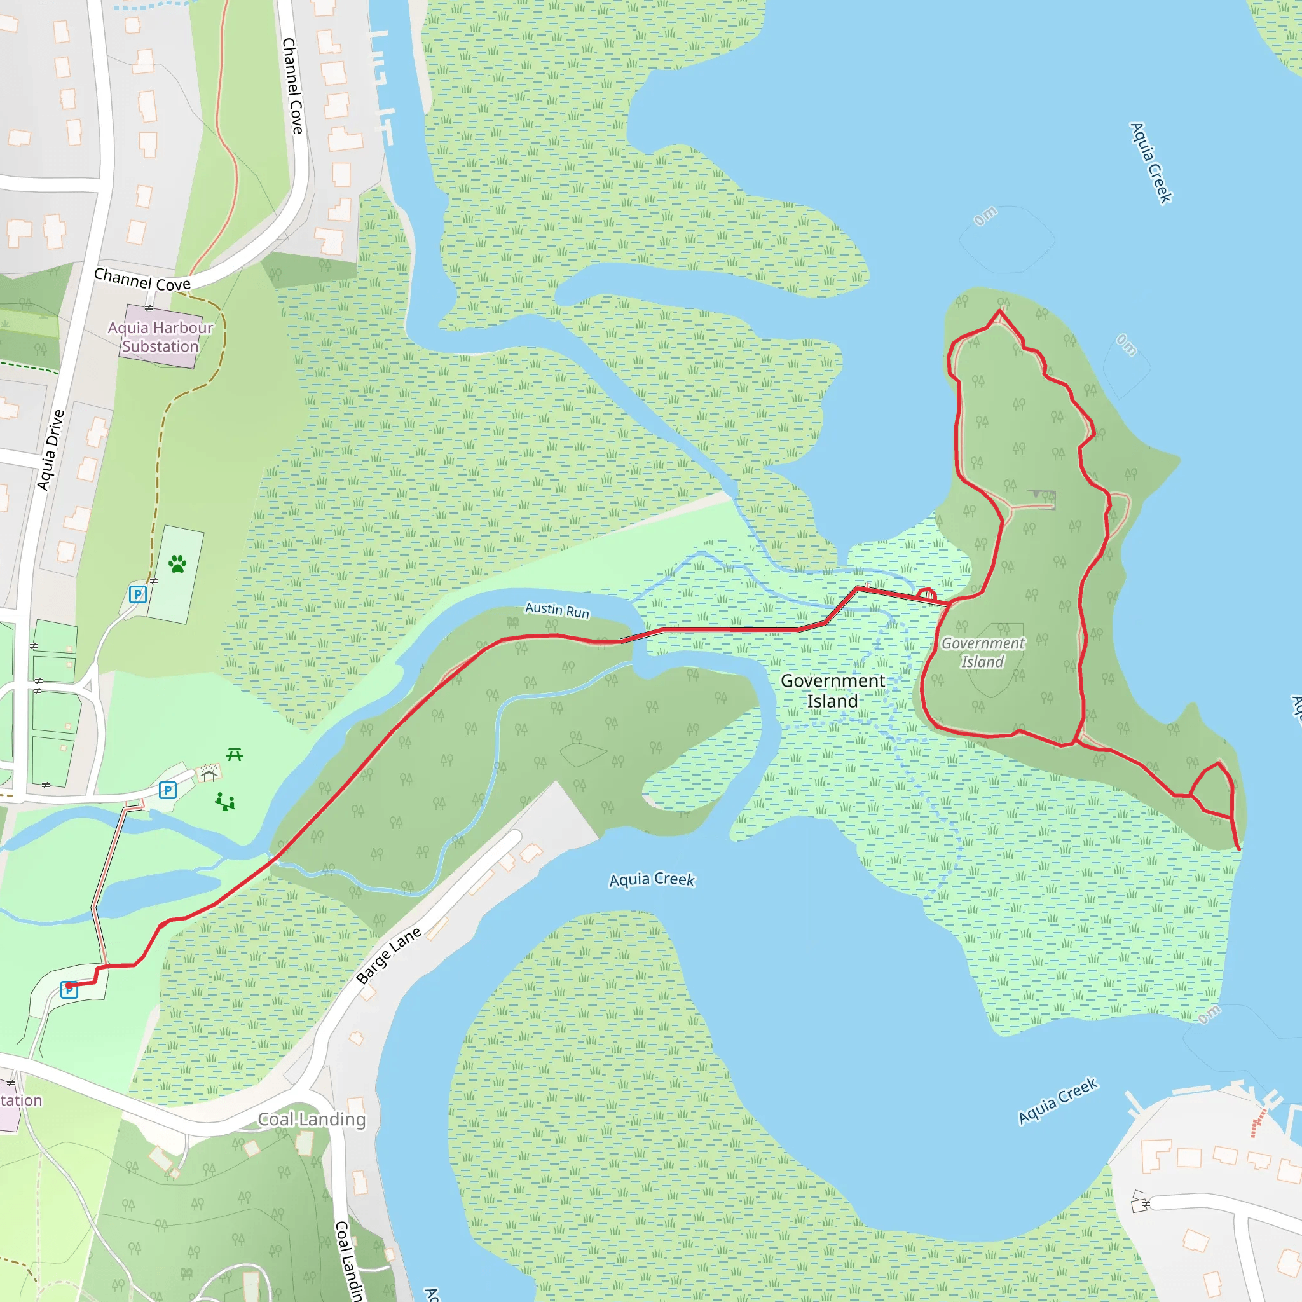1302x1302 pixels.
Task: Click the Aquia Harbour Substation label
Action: [160, 337]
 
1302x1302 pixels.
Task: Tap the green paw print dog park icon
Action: [177, 563]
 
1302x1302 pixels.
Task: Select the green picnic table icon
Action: [235, 754]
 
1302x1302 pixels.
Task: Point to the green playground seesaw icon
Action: [225, 802]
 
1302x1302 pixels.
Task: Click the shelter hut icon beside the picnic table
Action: [209, 774]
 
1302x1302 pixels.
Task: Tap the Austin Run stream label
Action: [558, 610]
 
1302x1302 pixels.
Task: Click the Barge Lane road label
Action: [388, 956]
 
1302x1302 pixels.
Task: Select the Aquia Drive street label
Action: [51, 450]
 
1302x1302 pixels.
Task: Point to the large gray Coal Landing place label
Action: [312, 1120]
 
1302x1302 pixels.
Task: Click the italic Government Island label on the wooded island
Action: [983, 652]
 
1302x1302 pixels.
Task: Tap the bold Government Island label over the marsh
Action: [832, 691]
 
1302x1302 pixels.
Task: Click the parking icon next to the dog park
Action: [137, 594]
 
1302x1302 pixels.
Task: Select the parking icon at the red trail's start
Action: [69, 989]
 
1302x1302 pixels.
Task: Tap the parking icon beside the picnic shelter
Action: [168, 790]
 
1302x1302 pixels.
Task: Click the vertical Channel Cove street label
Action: [292, 86]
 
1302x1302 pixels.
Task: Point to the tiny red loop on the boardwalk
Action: [928, 594]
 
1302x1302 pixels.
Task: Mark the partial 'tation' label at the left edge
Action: [21, 1100]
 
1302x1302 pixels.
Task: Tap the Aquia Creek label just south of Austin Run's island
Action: [652, 879]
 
